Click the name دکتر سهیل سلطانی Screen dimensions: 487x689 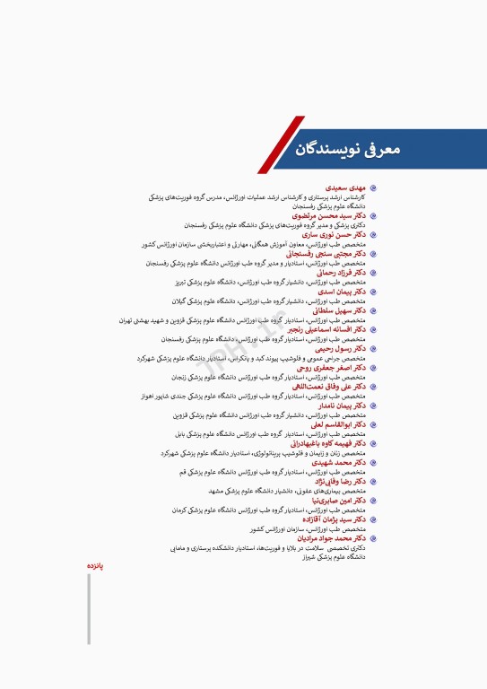coord(341,310)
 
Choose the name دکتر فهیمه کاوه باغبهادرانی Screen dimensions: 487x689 coord(328,443)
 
